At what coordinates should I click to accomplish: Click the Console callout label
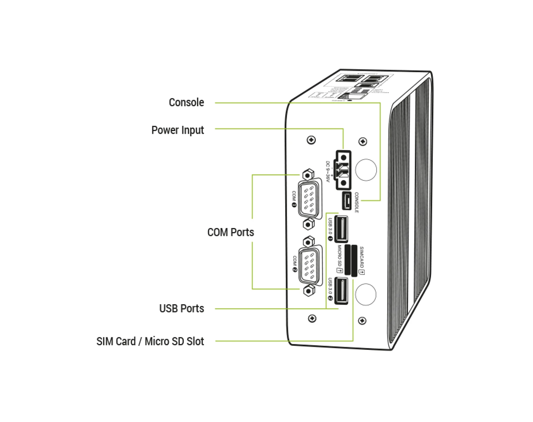point(186,102)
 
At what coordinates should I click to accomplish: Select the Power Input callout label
point(177,130)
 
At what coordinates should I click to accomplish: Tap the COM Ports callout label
point(230,232)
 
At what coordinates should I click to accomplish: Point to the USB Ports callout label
point(182,308)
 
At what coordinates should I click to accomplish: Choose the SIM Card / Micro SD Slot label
point(150,341)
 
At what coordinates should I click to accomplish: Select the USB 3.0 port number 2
point(341,290)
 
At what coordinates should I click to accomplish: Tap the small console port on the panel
point(346,201)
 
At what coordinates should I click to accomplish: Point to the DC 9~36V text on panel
point(328,172)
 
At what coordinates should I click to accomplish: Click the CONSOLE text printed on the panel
point(356,202)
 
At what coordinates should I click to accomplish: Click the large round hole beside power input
point(366,170)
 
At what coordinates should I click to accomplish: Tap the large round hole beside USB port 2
point(365,294)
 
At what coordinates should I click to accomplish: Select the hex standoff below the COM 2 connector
point(308,291)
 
